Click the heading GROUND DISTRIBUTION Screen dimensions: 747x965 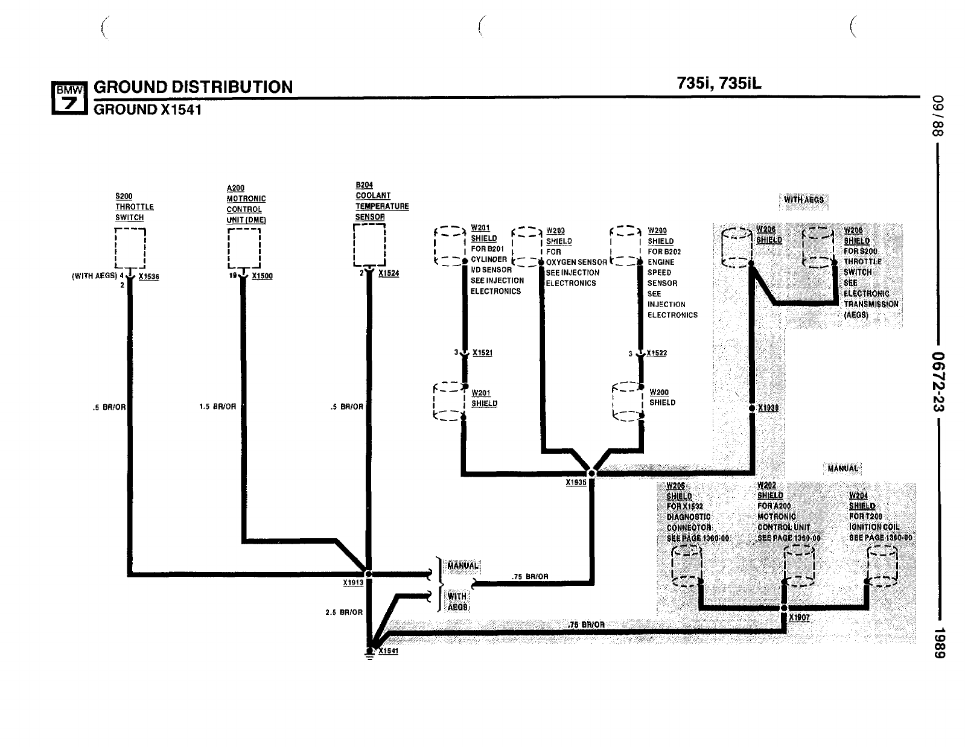click(193, 87)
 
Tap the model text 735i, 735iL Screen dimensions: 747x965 click(719, 83)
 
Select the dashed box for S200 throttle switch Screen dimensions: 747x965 click(130, 247)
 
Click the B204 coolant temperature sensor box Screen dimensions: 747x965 click(369, 244)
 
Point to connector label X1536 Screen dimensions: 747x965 click(148, 276)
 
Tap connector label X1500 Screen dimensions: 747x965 click(262, 276)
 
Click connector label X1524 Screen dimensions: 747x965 click(389, 273)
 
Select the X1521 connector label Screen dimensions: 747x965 click(482, 353)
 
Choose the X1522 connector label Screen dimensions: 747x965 click(657, 353)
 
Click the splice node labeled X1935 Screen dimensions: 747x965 click(591, 473)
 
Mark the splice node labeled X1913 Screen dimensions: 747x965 click(368, 574)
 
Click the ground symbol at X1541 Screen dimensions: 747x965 click(369, 653)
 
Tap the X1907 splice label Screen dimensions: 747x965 click(799, 618)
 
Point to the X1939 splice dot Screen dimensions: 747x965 click(751, 408)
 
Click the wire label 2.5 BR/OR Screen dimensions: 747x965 click(344, 612)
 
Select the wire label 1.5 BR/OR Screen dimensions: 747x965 click(217, 407)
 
